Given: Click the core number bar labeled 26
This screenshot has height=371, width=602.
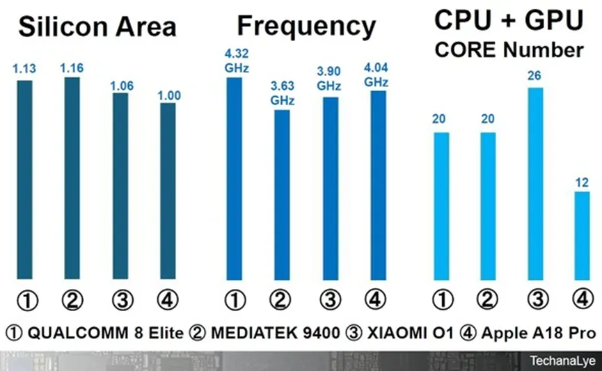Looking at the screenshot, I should pos(535,184).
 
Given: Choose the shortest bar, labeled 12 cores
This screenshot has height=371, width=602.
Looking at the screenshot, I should pos(583,237).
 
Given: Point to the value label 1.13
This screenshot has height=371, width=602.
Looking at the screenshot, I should pos(24,69).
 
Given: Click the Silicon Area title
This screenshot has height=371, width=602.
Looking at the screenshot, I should pos(97,28).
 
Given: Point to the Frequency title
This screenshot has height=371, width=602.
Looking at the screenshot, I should pos(306,26).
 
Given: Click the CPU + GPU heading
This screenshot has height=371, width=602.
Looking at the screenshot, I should pos(508,20).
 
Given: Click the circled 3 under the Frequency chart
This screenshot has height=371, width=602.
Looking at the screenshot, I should pos(329,300).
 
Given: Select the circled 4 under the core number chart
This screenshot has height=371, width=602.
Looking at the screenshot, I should pos(583,300).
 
